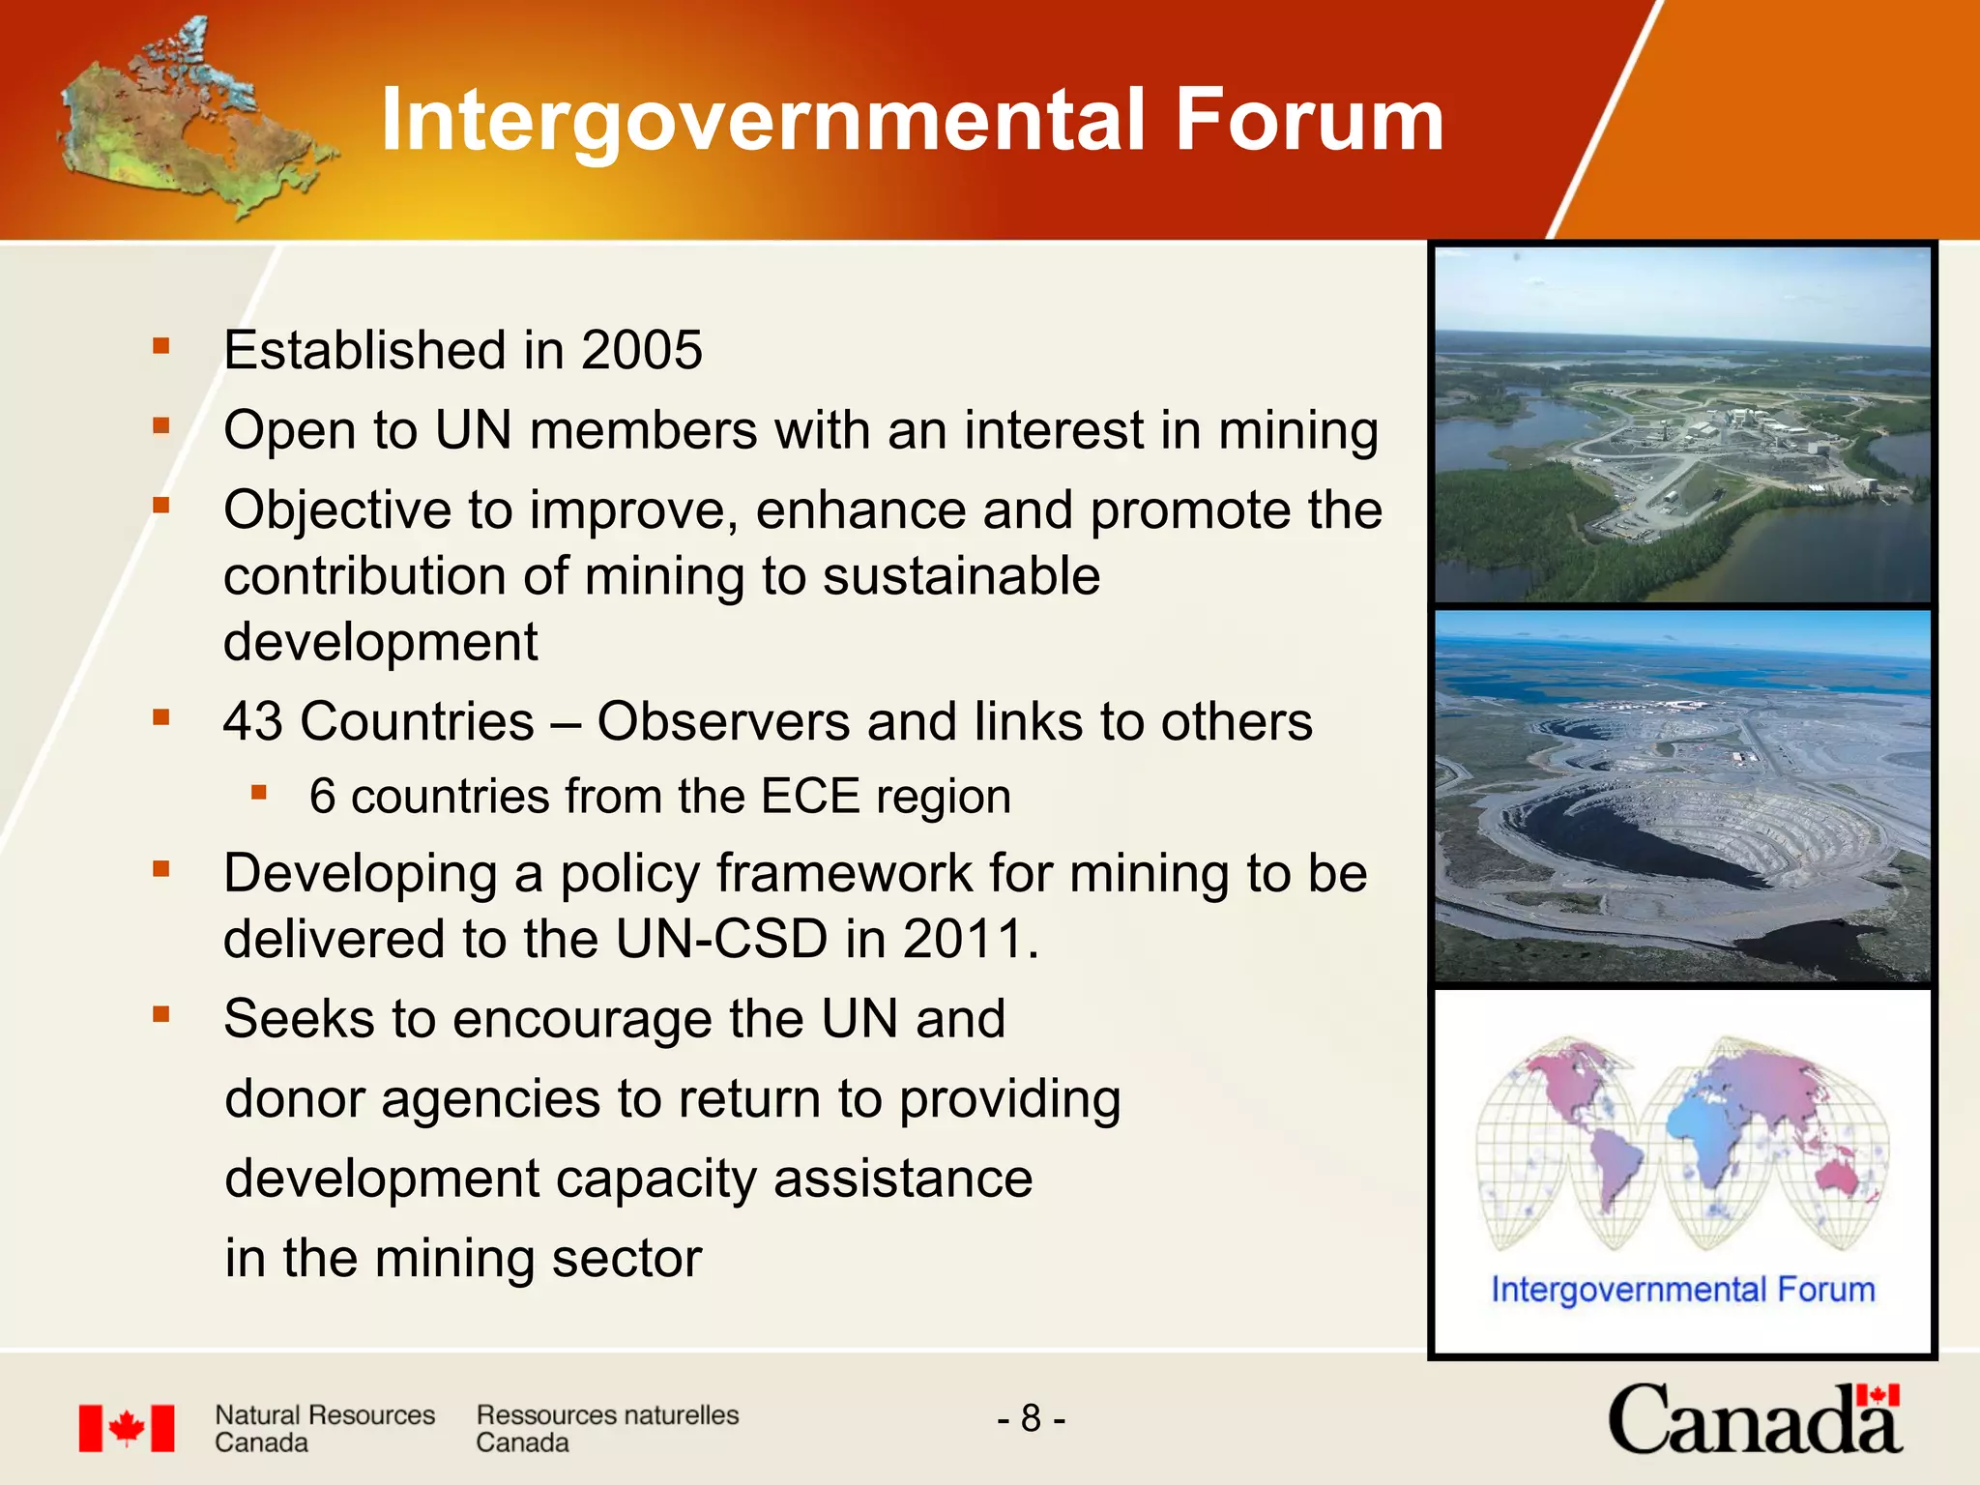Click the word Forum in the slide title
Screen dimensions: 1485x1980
[1309, 120]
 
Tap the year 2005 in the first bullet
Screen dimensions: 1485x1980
[642, 350]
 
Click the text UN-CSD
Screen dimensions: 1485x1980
[721, 939]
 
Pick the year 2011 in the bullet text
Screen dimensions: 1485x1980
[963, 939]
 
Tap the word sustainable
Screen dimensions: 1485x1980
[961, 576]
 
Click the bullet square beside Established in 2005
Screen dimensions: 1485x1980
[161, 345]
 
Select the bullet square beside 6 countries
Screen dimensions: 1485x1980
[258, 793]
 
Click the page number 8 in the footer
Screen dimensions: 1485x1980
[1031, 1418]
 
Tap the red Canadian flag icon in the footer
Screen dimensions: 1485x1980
[127, 1428]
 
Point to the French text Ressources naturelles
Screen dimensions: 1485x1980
[607, 1415]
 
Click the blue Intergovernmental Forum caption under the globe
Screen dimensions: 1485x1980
[1682, 1290]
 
